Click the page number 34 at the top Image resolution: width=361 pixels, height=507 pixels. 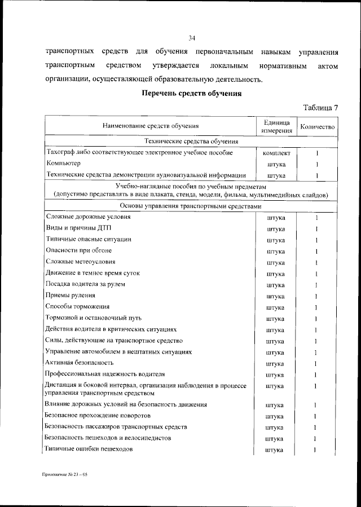tap(191, 38)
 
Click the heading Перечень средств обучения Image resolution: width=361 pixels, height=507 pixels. tap(191, 93)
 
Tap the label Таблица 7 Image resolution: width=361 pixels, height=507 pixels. tap(321, 107)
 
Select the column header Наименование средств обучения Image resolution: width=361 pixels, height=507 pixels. tap(151, 126)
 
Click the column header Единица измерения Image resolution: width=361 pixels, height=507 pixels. tap(276, 126)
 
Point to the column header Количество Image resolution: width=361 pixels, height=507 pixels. tap(318, 127)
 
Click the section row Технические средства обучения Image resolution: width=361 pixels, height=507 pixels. tap(191, 142)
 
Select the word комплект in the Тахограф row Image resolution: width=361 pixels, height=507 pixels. tap(276, 153)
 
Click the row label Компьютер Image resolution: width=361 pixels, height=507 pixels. tap(63, 164)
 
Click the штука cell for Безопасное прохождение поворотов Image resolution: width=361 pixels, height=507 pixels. tap(276, 416)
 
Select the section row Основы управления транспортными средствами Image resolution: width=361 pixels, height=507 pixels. tap(191, 206)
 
